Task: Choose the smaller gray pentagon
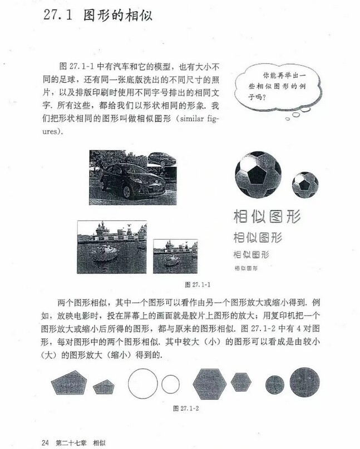click(x=103, y=385)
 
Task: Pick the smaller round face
click(x=275, y=383)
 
